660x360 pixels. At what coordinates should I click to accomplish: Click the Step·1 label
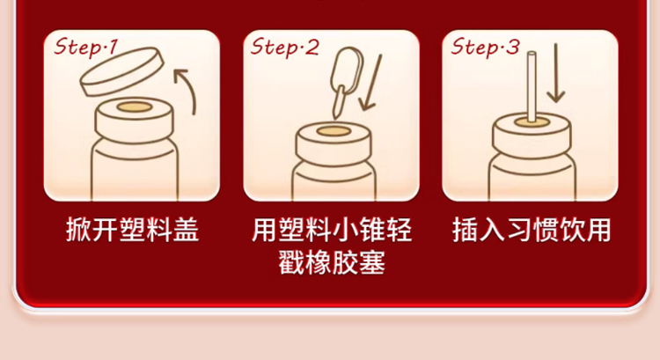(x=86, y=47)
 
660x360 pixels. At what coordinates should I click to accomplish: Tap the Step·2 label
(x=285, y=47)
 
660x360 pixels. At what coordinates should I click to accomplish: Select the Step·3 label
(x=485, y=47)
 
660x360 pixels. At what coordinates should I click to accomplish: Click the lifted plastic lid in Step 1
(x=121, y=72)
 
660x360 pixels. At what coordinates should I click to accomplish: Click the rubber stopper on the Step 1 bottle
(x=135, y=107)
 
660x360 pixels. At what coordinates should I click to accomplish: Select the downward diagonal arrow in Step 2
(x=370, y=83)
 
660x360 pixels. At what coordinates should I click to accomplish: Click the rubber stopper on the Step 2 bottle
(x=334, y=131)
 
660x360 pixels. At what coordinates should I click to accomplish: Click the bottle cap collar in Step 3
(x=532, y=135)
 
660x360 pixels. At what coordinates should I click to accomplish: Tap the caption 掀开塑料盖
(x=132, y=230)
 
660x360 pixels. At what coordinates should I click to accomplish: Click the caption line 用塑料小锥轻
(x=332, y=230)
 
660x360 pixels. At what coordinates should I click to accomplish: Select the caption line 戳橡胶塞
(x=332, y=262)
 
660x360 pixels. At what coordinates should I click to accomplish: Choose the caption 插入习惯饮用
(x=532, y=230)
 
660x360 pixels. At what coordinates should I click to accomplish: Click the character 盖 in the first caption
(x=186, y=230)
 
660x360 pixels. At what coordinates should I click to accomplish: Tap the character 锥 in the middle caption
(x=372, y=230)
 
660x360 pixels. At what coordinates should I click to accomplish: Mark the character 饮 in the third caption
(x=571, y=230)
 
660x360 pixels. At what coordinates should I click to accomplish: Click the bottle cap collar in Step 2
(x=334, y=143)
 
